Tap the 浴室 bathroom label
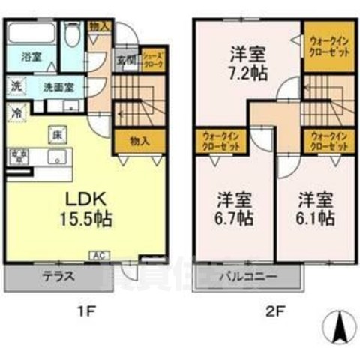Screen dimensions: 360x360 [x=30, y=57]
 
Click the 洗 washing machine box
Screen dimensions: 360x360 [x=15, y=86]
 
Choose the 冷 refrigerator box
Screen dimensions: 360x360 [x=15, y=114]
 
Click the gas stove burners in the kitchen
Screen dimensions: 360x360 [x=16, y=157]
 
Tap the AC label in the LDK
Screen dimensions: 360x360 [x=97, y=256]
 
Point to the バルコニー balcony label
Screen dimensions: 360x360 [x=247, y=276]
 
